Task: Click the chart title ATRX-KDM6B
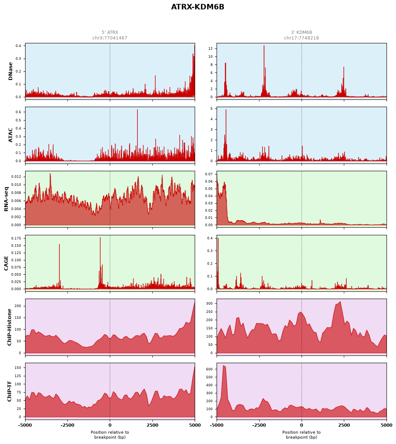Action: click(x=198, y=7)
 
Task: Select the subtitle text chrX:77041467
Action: click(x=110, y=38)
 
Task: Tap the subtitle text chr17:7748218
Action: click(x=302, y=38)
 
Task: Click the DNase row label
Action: click(x=10, y=71)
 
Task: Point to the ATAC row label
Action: click(x=10, y=135)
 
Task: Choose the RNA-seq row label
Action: click(x=6, y=199)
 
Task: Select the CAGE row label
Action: click(x=6, y=263)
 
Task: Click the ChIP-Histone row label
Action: click(x=9, y=327)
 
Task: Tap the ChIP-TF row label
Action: click(x=9, y=391)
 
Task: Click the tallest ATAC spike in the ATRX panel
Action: click(x=137, y=110)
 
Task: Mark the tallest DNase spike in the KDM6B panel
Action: click(x=264, y=46)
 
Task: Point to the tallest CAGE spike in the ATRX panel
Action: click(x=100, y=238)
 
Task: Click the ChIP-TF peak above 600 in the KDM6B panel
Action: click(x=224, y=366)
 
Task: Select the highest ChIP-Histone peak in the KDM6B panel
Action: click(x=340, y=302)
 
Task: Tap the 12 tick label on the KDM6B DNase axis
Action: click(x=211, y=48)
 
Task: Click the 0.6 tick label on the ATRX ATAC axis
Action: click(x=19, y=112)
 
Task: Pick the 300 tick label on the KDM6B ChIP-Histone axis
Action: click(x=210, y=303)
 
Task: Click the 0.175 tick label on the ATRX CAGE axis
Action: click(x=16, y=238)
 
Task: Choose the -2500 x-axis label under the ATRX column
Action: click(x=67, y=425)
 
